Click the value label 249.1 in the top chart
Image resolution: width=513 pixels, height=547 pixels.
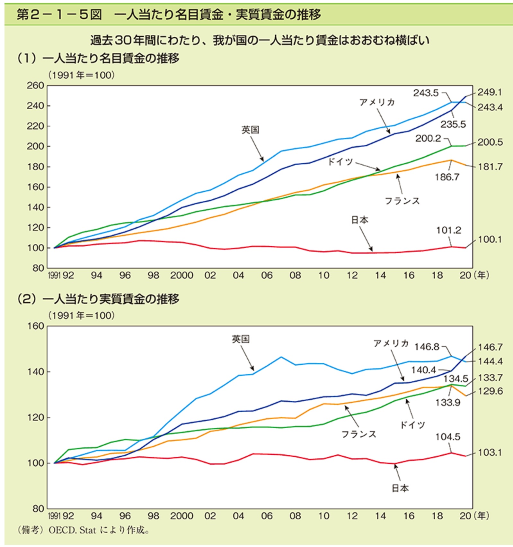489,93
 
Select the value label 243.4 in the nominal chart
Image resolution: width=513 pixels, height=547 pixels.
490,107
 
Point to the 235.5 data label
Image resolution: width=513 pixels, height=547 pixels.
453,124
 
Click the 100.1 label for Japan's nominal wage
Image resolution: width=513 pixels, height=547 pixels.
490,240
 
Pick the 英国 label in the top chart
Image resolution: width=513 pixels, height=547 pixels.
250,130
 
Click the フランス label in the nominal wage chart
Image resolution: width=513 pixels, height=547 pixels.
402,201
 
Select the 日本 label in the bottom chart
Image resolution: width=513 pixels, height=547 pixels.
400,488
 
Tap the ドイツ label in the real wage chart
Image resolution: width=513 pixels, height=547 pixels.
412,425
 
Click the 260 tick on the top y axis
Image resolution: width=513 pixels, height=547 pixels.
35,86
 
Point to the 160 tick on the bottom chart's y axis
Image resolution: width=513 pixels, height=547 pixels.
35,326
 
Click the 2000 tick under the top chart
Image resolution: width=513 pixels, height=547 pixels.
181,276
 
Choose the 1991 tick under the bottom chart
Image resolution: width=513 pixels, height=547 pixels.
54,516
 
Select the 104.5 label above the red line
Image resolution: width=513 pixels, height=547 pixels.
448,437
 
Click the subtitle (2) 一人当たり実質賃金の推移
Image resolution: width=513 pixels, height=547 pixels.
98,299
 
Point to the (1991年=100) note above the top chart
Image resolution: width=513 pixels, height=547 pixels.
81,75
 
